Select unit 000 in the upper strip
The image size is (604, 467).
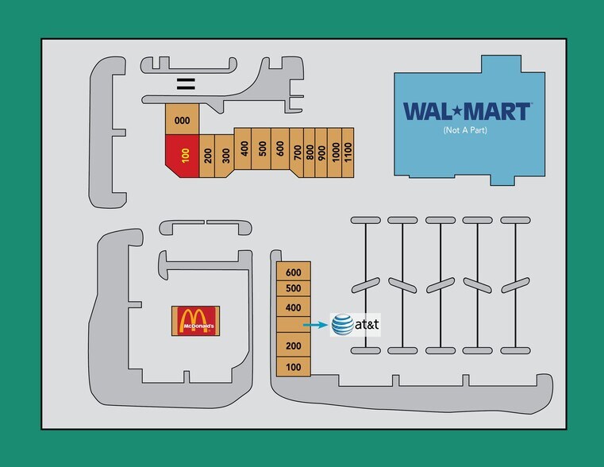point(183,121)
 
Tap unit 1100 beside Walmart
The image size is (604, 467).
point(348,152)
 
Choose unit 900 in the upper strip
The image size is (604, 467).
point(322,152)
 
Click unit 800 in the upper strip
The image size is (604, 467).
point(310,152)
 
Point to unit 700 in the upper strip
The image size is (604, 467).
point(297,152)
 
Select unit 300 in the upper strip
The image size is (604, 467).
point(225,156)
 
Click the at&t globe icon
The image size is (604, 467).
point(343,324)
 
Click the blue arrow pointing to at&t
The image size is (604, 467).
point(316,325)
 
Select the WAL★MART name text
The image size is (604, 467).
point(466,111)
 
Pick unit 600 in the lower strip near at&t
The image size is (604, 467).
point(294,271)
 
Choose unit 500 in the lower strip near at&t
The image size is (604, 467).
point(294,288)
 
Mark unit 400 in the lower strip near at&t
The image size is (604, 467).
point(294,307)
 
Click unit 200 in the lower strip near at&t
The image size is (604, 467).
point(294,346)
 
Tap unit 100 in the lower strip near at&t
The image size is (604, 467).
point(294,367)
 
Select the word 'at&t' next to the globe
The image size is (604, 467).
point(367,325)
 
